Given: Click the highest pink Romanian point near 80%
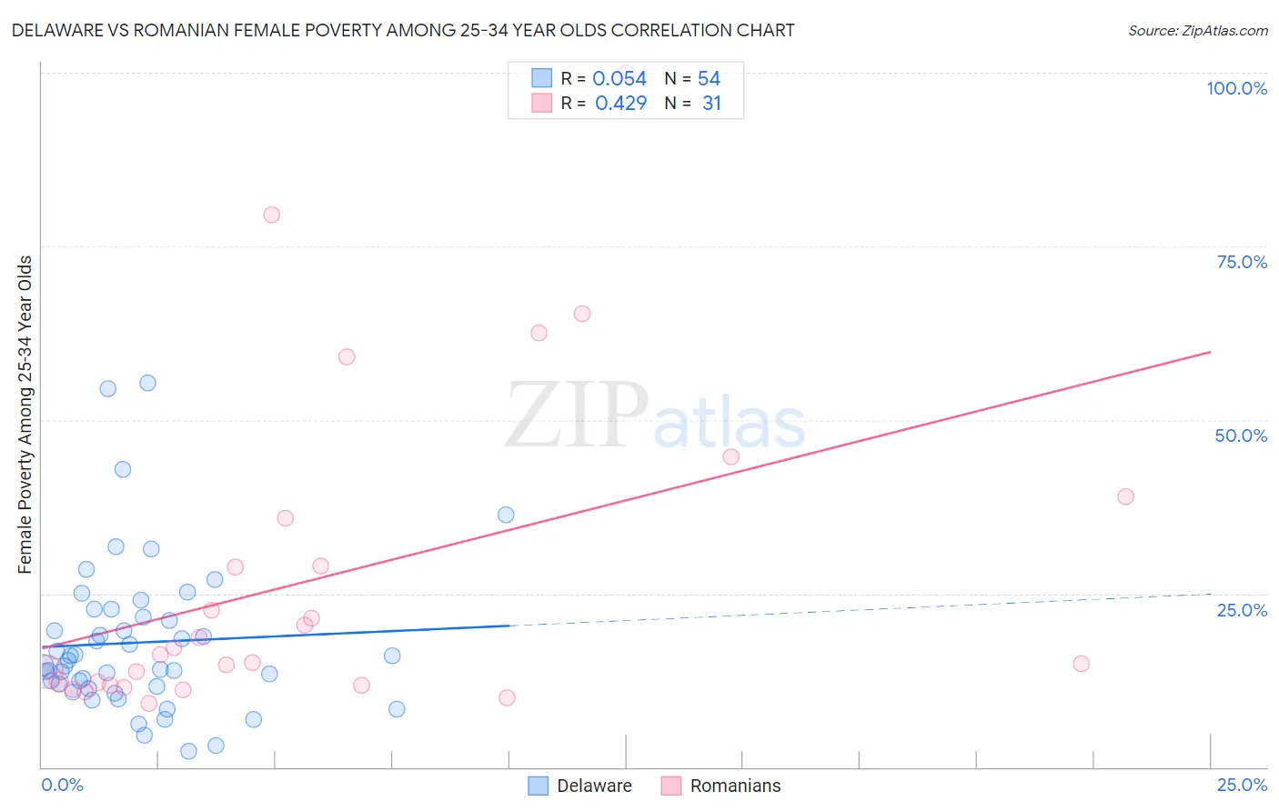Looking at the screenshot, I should [x=271, y=215].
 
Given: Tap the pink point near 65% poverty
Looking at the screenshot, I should [x=582, y=314].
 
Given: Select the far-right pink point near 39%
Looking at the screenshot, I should [x=1125, y=496].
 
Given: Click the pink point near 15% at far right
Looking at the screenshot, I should [x=1081, y=664].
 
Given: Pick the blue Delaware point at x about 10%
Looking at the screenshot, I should [x=506, y=515].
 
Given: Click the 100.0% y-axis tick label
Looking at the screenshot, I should [x=1236, y=88].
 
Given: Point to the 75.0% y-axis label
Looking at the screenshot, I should [x=1242, y=262].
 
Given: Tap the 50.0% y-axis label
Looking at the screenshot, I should [x=1241, y=436].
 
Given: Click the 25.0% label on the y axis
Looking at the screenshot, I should [x=1242, y=610].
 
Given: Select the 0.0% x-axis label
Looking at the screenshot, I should [x=62, y=785].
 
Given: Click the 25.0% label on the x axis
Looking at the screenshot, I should [x=1242, y=785].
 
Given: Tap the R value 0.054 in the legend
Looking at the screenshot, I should [x=619, y=79].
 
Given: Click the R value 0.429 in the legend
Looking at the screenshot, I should [x=620, y=104].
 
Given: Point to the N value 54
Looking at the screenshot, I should [x=709, y=79].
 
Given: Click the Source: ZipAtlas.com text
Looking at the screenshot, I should [x=1197, y=31].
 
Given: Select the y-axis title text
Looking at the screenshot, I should [x=25, y=415].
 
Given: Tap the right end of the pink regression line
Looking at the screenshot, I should [x=1210, y=351].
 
